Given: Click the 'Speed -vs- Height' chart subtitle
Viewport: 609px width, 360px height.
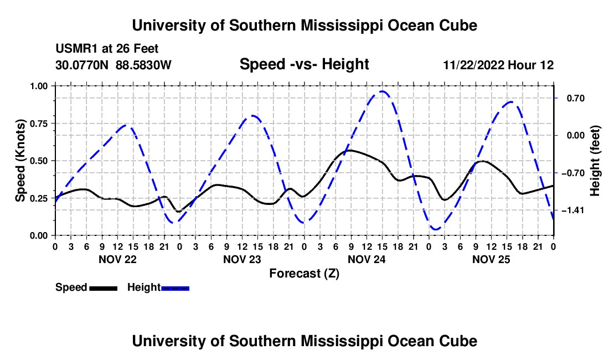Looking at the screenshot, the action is point(304,64).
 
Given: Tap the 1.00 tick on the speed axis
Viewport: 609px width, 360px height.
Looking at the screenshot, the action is point(38,86).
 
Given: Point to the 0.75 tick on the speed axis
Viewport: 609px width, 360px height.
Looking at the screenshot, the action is point(38,124).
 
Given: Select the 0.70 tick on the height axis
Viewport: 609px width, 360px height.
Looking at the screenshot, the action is point(576,98).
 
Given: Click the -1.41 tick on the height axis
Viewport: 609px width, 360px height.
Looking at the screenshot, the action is point(573,210).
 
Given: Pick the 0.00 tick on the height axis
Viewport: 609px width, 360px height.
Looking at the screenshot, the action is point(576,136).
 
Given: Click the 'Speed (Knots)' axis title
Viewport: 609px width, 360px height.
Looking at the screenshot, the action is point(20,161).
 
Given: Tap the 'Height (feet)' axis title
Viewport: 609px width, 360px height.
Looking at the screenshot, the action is point(595,161).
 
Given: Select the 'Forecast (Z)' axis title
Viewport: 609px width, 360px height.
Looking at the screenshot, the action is point(304,274).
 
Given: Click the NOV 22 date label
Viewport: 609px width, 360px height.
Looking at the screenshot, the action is point(118,259).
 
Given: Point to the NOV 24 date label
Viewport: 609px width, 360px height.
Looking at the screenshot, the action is point(367,259).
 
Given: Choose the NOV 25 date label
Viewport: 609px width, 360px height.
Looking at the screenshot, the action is point(491,259).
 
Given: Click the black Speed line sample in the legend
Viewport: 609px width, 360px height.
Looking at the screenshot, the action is point(104,288).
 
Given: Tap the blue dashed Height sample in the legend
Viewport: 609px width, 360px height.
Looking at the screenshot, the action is point(175,288).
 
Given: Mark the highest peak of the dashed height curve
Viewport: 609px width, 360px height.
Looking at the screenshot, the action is point(383,91).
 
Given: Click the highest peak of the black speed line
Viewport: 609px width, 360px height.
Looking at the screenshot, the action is point(349,150).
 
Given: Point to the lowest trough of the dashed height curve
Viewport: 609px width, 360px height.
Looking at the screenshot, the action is point(436,229).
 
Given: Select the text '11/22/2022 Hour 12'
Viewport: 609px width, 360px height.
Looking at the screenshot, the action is point(498,65).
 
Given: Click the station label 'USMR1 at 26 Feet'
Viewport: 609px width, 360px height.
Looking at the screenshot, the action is point(107,49).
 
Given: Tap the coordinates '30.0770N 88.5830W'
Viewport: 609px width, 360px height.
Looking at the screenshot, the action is point(113,65).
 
